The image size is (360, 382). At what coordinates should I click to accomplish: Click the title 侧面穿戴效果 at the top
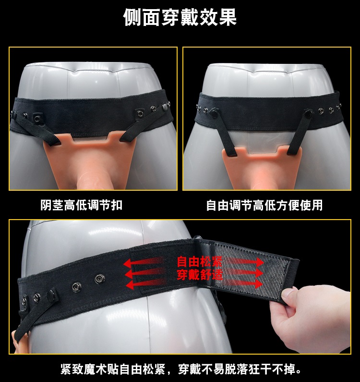click(x=180, y=17)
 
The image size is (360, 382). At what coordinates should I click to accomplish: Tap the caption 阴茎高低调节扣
click(x=81, y=205)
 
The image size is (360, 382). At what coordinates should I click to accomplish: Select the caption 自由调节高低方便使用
click(x=264, y=205)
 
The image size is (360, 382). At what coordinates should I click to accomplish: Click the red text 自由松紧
click(x=200, y=262)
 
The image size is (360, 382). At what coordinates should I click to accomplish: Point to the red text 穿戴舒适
click(x=200, y=274)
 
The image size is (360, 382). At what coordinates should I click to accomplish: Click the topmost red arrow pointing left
click(x=144, y=262)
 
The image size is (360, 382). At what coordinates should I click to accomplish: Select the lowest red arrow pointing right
click(x=245, y=283)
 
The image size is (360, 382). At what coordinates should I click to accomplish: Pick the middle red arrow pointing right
click(x=245, y=273)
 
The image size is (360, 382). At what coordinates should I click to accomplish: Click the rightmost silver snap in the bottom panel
click(x=99, y=279)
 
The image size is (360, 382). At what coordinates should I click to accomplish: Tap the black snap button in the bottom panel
click(x=52, y=296)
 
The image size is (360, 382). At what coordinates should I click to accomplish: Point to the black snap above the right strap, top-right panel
click(x=308, y=112)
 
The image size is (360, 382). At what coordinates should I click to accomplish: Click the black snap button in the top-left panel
click(x=165, y=106)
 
